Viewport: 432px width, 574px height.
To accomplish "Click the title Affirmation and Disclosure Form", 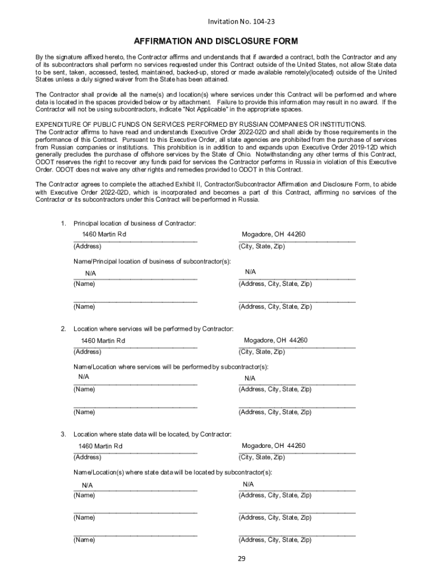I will tap(216, 41).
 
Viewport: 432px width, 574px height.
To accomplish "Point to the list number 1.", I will tap(63, 224).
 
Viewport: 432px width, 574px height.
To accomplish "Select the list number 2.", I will tap(63, 328).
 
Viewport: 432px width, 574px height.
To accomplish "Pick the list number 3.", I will tap(63, 434).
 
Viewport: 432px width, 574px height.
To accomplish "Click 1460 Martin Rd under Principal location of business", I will tap(104, 234).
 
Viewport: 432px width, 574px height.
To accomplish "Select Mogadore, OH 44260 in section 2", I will tap(275, 340).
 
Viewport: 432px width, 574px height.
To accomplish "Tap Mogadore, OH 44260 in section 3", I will tap(273, 446).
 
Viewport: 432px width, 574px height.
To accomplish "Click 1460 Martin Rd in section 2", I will tap(103, 341).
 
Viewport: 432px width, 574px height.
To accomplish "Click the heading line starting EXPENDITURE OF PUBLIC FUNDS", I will tap(200, 124).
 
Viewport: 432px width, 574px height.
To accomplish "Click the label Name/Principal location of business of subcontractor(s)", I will tap(152, 261).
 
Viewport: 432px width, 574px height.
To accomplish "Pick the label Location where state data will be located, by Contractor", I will tap(152, 434).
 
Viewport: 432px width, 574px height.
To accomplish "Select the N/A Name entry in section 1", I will tap(91, 273).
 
